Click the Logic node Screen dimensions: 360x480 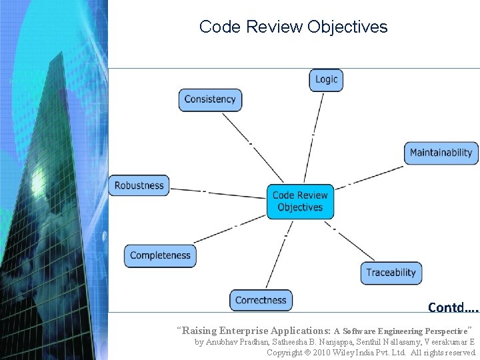pyautogui.click(x=326, y=79)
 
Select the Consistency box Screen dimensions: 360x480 pyautogui.click(x=210, y=99)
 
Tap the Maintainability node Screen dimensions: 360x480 pyautogui.click(x=441, y=153)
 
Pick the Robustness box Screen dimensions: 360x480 pyautogui.click(x=139, y=185)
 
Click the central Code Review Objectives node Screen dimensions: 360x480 pyautogui.click(x=300, y=201)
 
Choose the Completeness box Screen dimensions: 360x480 pyautogui.click(x=160, y=255)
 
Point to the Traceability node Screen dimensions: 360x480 pyautogui.click(x=391, y=272)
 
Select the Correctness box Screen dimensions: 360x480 pyautogui.click(x=261, y=300)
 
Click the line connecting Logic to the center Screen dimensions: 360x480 pyautogui.click(x=315, y=137)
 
